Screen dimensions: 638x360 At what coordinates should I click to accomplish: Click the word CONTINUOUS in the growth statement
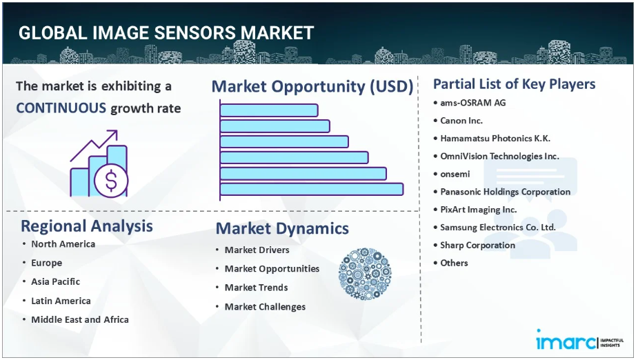click(61, 108)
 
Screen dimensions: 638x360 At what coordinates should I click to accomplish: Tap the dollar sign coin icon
click(111, 181)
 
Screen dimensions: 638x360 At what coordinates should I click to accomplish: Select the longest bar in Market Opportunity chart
click(312, 189)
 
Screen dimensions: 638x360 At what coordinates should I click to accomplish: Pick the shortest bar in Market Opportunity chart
click(269, 110)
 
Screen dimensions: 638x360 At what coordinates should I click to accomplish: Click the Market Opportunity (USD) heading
click(312, 86)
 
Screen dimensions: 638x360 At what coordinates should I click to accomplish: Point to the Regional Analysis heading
click(87, 226)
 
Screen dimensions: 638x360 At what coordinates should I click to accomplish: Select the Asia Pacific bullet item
click(55, 281)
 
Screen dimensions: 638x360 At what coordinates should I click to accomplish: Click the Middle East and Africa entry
click(80, 320)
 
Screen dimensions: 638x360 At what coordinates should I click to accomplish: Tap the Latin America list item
click(61, 301)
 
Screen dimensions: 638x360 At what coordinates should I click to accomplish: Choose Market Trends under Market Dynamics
click(257, 288)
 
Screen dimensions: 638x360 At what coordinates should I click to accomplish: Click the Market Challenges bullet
click(265, 307)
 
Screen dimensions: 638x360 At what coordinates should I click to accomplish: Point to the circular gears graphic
click(365, 274)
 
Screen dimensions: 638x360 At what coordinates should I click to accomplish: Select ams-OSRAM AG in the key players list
click(472, 103)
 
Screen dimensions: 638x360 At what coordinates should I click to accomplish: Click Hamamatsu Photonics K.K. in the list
click(495, 139)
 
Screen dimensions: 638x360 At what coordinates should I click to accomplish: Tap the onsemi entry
click(455, 174)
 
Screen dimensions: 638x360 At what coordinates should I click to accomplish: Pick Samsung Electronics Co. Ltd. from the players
click(497, 228)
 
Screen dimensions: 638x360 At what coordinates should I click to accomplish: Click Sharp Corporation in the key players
click(478, 246)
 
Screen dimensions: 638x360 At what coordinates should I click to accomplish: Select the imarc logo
click(579, 340)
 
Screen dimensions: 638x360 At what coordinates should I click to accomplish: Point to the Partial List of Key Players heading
click(515, 84)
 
